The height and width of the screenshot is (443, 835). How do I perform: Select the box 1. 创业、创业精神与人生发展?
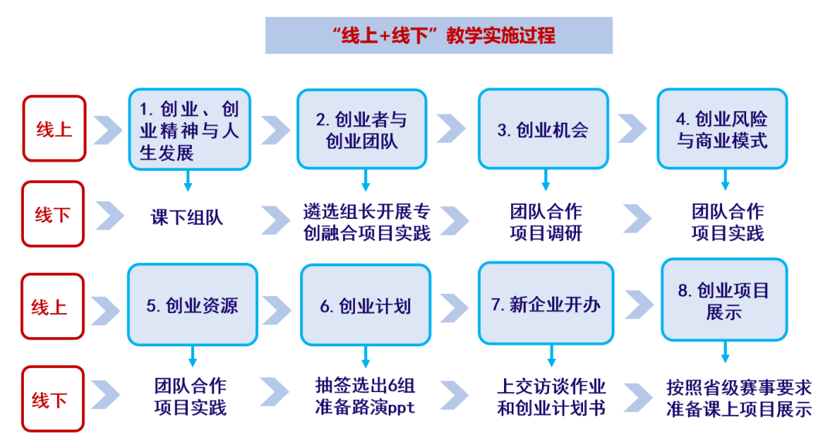coord(189,129)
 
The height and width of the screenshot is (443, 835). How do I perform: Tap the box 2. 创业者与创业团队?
coord(362,129)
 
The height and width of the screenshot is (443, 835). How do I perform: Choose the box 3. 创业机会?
coord(543,129)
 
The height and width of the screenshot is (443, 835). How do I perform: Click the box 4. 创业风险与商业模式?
coord(722,129)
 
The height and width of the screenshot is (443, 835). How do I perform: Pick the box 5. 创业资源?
coord(192,305)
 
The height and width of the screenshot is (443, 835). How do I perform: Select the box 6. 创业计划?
coord(366,305)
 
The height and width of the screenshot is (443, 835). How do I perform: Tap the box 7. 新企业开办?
coord(546,304)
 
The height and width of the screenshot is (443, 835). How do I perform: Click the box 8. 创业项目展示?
coord(724,301)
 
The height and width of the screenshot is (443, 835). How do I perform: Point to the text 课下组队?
coord(186,218)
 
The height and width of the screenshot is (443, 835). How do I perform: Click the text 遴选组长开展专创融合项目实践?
coord(366,222)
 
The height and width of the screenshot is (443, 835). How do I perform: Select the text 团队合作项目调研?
coord(546,222)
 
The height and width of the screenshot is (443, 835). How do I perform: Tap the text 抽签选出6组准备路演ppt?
coord(365,397)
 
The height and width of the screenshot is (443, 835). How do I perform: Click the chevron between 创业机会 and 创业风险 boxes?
coord(632,129)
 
